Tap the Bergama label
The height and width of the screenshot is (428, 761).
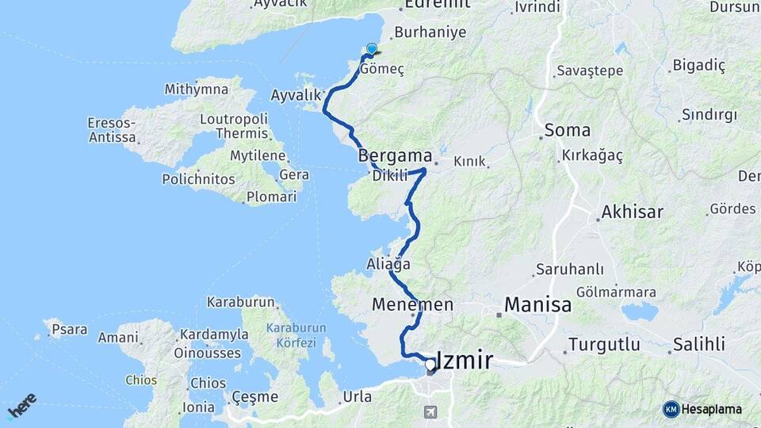(395, 155)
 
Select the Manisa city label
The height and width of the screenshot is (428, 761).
(537, 304)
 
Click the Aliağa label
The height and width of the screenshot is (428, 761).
(388, 264)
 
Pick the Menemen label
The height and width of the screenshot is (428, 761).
(412, 304)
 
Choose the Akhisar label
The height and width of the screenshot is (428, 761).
(632, 212)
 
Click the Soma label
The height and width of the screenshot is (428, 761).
(567, 130)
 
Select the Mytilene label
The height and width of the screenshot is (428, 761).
(258, 155)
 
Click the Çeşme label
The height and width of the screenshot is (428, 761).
(255, 396)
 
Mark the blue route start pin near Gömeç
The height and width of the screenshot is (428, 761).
(371, 49)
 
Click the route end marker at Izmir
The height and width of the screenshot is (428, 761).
(430, 365)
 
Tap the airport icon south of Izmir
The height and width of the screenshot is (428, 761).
(430, 412)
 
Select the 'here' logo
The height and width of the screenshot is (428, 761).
(22, 405)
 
